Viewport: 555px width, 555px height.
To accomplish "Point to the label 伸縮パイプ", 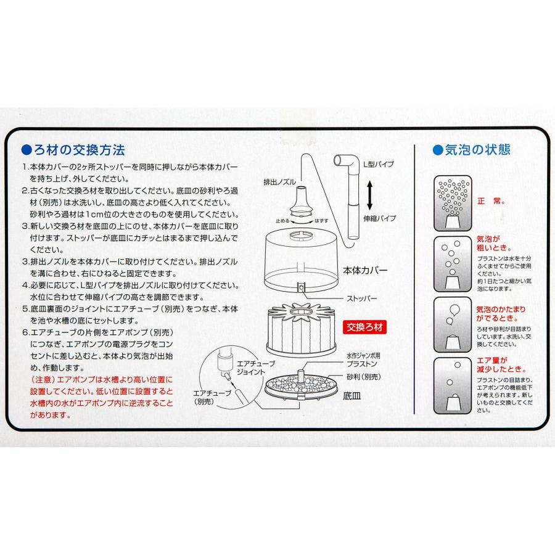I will (380, 219).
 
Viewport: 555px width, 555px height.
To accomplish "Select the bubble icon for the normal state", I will (453, 201).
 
